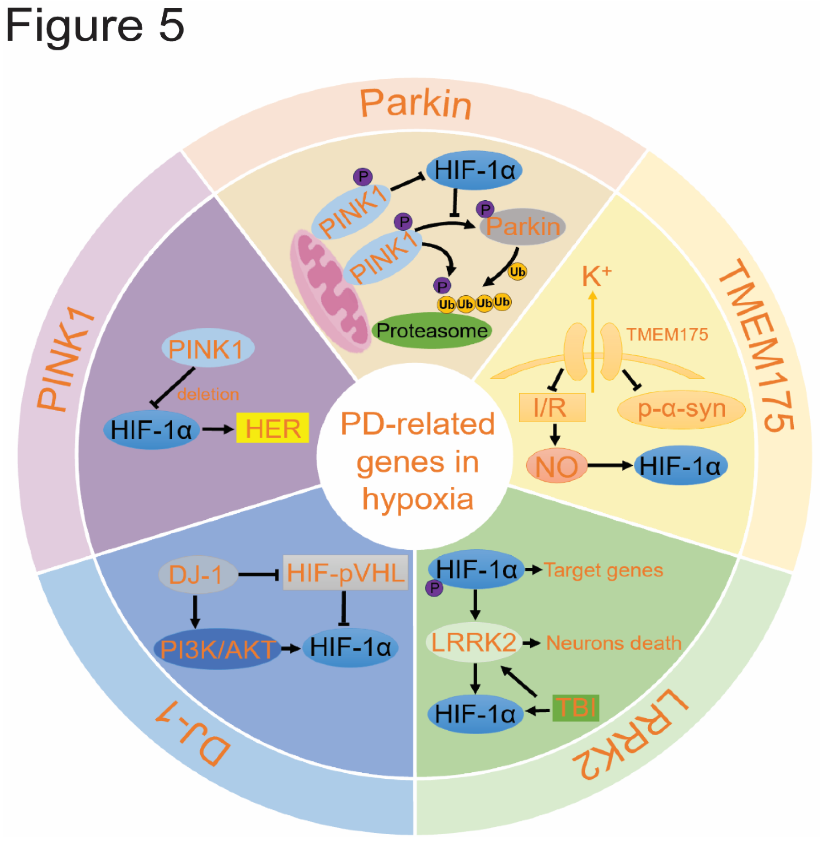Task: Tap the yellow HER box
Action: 272,428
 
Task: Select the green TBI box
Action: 575,708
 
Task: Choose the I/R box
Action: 552,407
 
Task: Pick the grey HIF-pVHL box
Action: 345,573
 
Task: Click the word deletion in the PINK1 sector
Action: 208,394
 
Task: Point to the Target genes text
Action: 603,570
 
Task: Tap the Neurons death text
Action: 613,643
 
